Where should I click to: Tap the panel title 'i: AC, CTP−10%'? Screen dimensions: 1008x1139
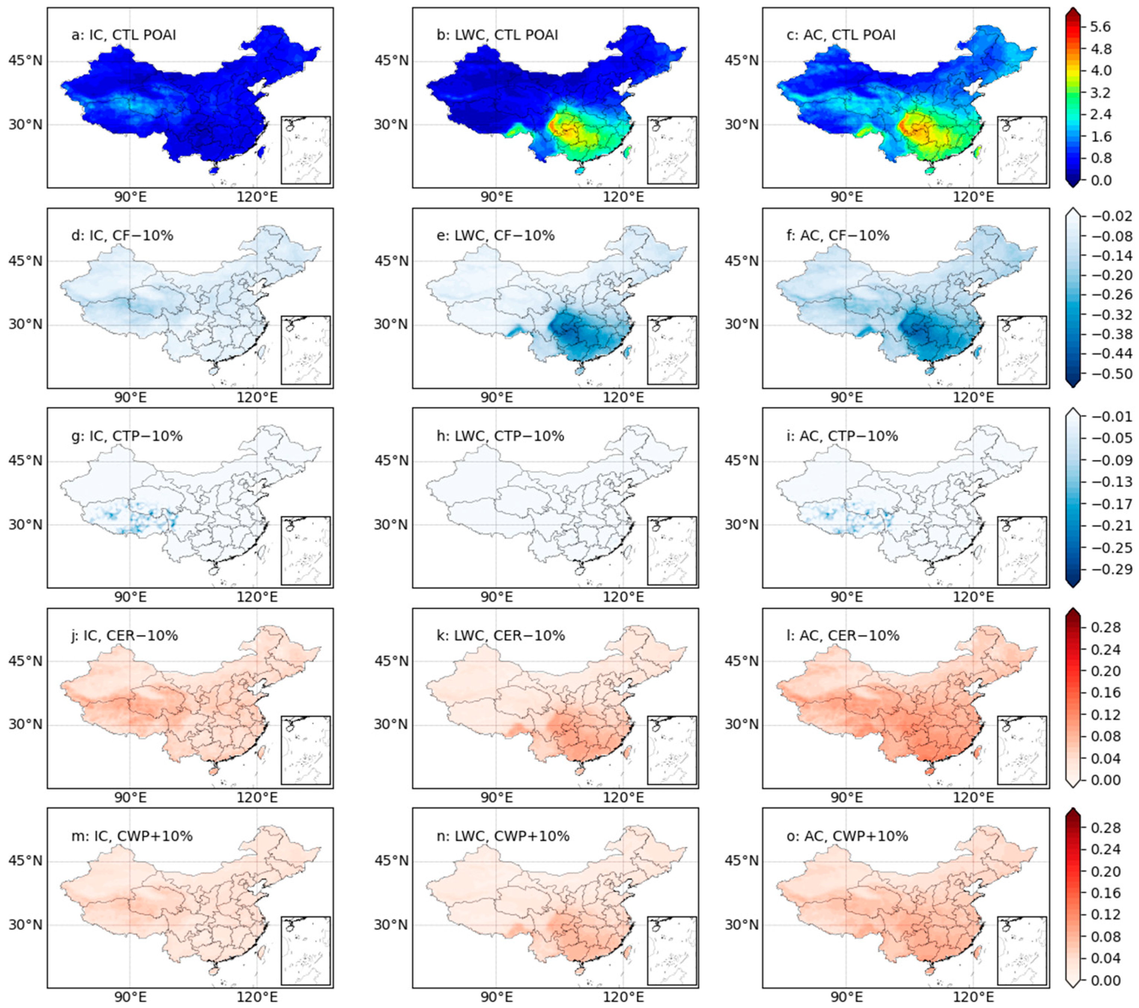click(842, 436)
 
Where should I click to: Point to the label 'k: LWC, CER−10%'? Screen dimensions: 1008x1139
click(500, 636)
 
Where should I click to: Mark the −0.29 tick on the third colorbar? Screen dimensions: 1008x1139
click(1112, 569)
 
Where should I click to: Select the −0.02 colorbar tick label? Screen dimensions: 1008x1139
click(1112, 216)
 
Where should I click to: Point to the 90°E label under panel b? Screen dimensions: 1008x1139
click(497, 197)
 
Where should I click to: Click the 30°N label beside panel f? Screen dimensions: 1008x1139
click(742, 324)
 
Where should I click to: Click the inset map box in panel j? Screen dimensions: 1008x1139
click(306, 750)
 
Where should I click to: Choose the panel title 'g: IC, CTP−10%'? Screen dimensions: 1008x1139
click(127, 436)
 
